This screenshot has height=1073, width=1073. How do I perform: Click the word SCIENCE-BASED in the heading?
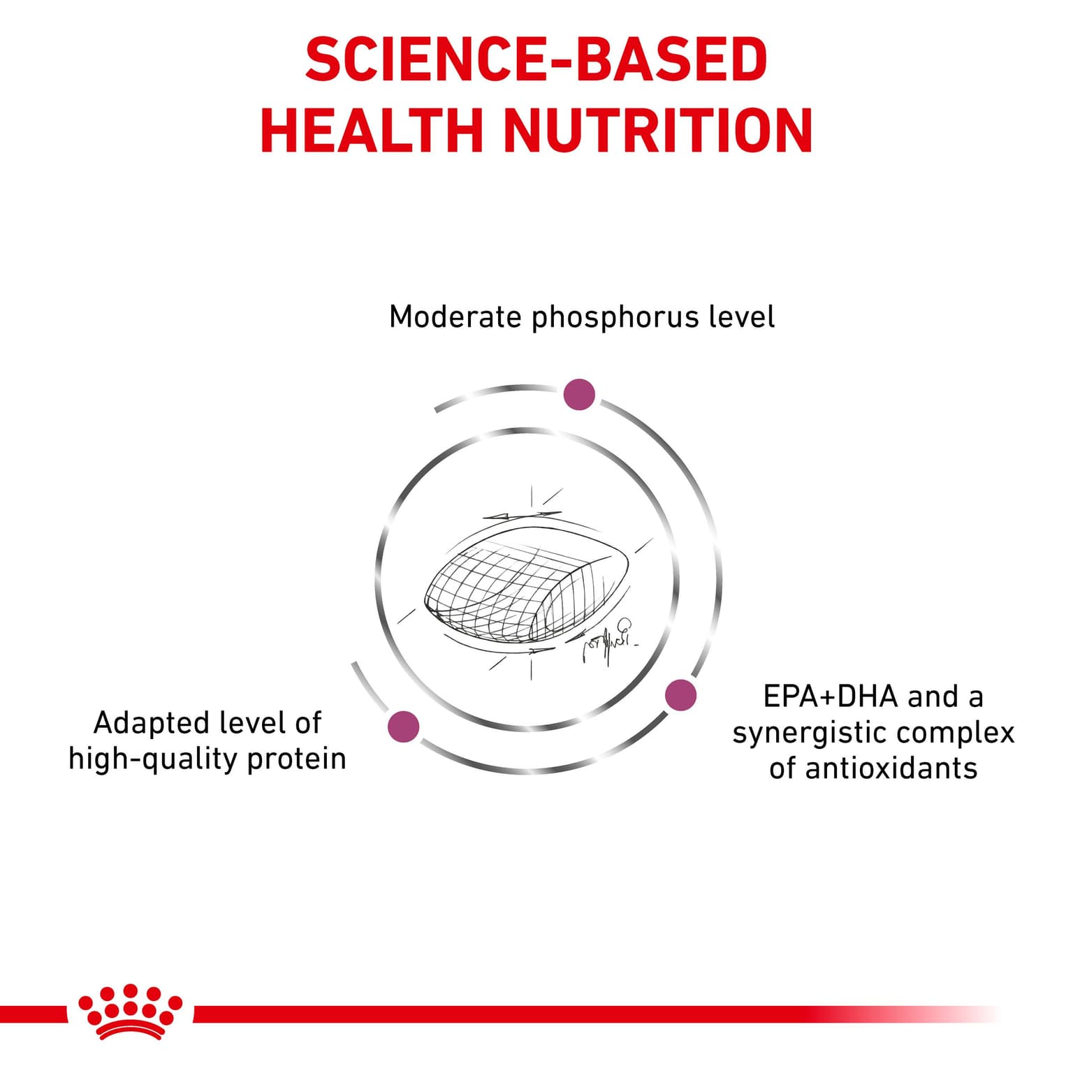coord(536,59)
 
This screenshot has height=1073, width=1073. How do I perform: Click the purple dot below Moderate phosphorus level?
coord(579,395)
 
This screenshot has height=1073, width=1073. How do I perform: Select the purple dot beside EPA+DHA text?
coord(680,695)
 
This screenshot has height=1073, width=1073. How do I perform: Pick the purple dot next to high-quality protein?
coord(403,727)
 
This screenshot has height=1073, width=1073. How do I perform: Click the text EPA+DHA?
coord(830,696)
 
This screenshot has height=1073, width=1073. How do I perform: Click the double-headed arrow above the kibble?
coord(522,516)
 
